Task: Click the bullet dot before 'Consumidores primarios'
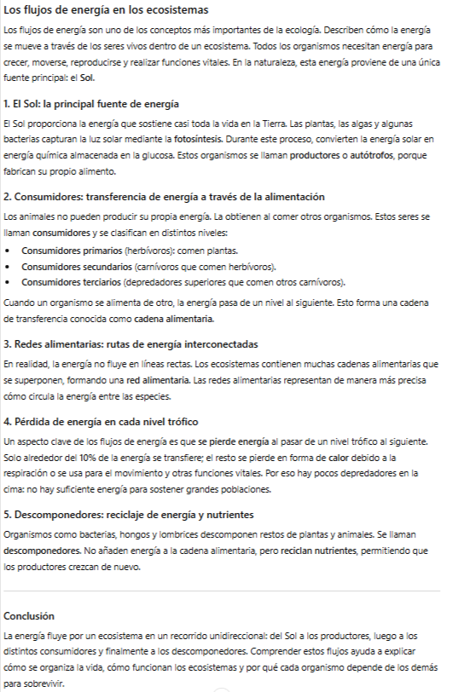click(9, 251)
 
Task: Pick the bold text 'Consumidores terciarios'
click(71, 281)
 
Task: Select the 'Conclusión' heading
click(29, 615)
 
